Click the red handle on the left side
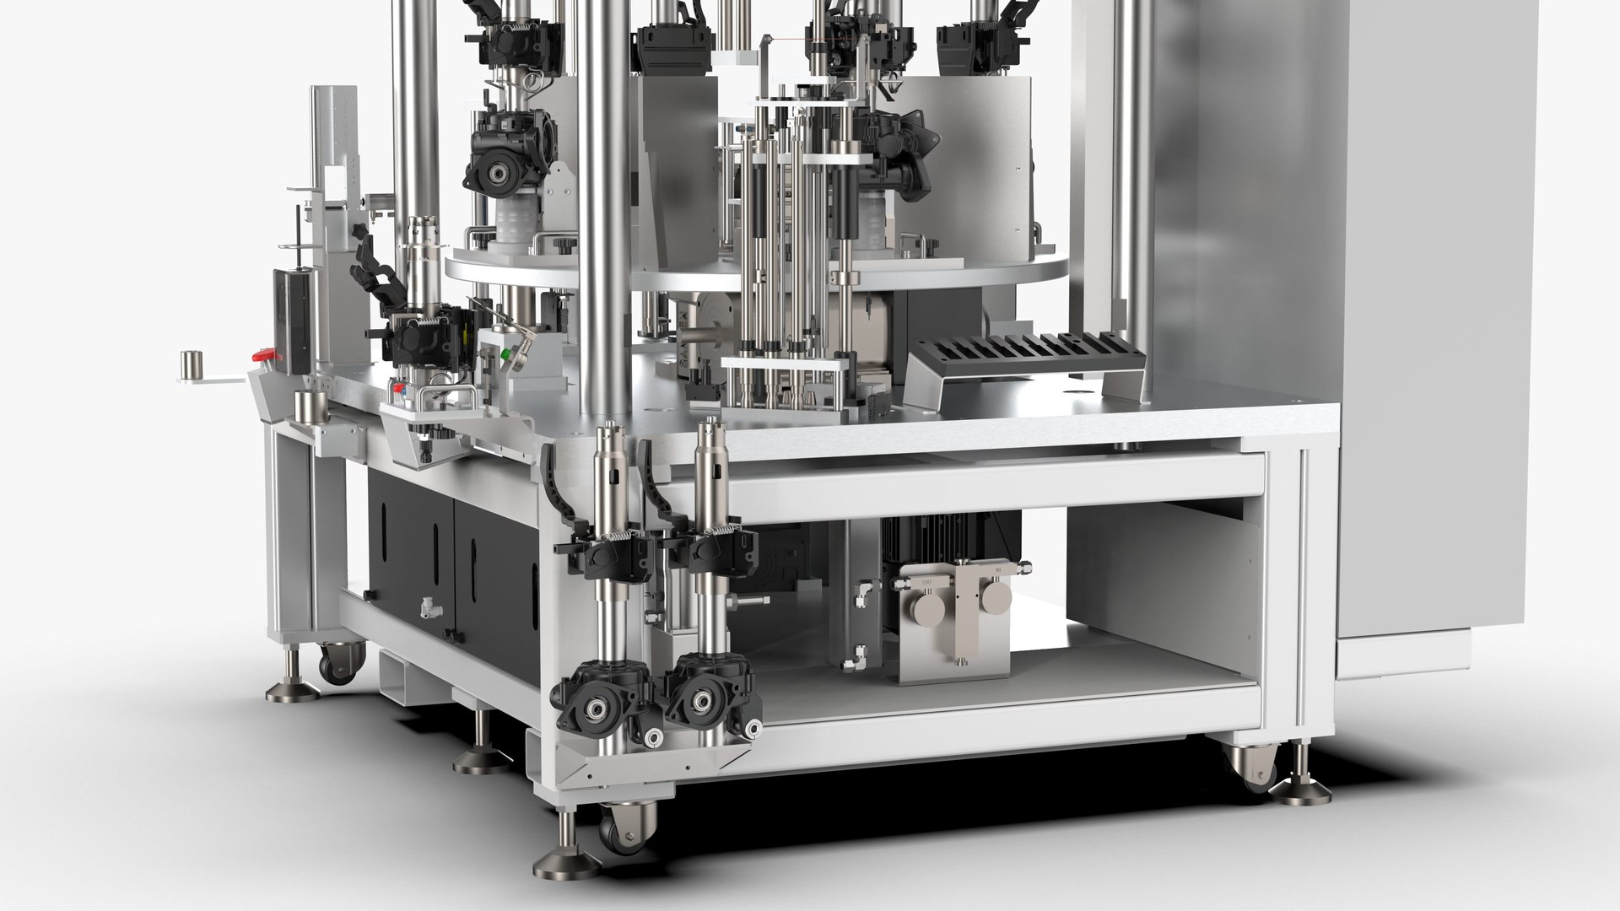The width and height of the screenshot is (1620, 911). pos(265,357)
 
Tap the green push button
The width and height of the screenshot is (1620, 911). pos(504,355)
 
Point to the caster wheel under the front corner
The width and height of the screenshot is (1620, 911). pos(624,822)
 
